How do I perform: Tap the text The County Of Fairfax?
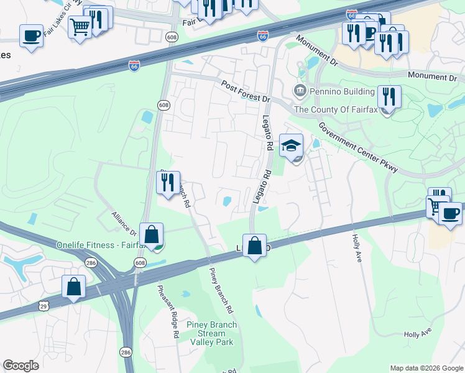pos(336,109)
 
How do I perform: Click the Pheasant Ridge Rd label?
pos(167,311)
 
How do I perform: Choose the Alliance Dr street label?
pos(124,223)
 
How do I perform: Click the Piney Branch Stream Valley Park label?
pos(208,333)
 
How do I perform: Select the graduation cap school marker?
pos(291,147)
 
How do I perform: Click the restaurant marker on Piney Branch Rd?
pos(168,183)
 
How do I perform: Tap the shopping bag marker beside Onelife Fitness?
pos(151,235)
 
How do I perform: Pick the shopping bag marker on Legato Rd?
pos(254,246)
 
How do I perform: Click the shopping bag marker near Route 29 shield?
pos(73,287)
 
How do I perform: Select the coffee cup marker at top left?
pos(31,36)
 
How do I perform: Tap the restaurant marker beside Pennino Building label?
pos(389,97)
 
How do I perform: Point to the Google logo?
pos(21,366)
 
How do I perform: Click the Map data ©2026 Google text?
pos(426,368)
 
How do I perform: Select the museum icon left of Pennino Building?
pos(300,91)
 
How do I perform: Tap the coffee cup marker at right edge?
pos(451,214)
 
